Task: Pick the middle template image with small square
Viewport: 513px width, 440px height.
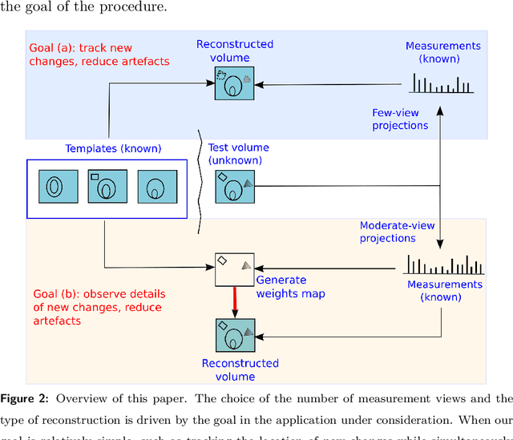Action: click(x=105, y=188)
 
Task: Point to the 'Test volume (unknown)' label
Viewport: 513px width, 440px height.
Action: click(x=239, y=153)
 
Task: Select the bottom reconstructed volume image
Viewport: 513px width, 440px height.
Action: click(x=234, y=335)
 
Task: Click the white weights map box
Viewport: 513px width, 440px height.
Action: click(x=234, y=269)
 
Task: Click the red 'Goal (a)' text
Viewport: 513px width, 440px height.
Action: click(x=80, y=54)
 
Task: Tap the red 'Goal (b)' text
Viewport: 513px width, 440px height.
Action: click(x=97, y=308)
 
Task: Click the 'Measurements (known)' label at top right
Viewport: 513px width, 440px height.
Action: click(x=443, y=53)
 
